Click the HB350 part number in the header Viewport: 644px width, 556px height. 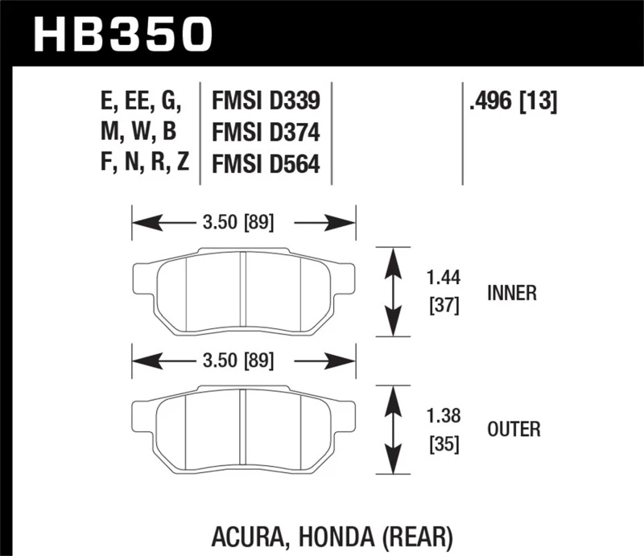point(123,34)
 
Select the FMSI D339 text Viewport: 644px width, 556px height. point(266,101)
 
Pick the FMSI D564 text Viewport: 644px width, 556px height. point(266,163)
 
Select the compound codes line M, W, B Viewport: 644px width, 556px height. point(138,132)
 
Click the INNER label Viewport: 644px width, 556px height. point(511,293)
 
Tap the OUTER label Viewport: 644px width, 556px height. point(513,430)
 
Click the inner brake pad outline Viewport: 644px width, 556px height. point(243,291)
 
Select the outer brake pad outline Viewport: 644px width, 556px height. point(243,428)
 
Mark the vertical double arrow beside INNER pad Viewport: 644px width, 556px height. point(394,291)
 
